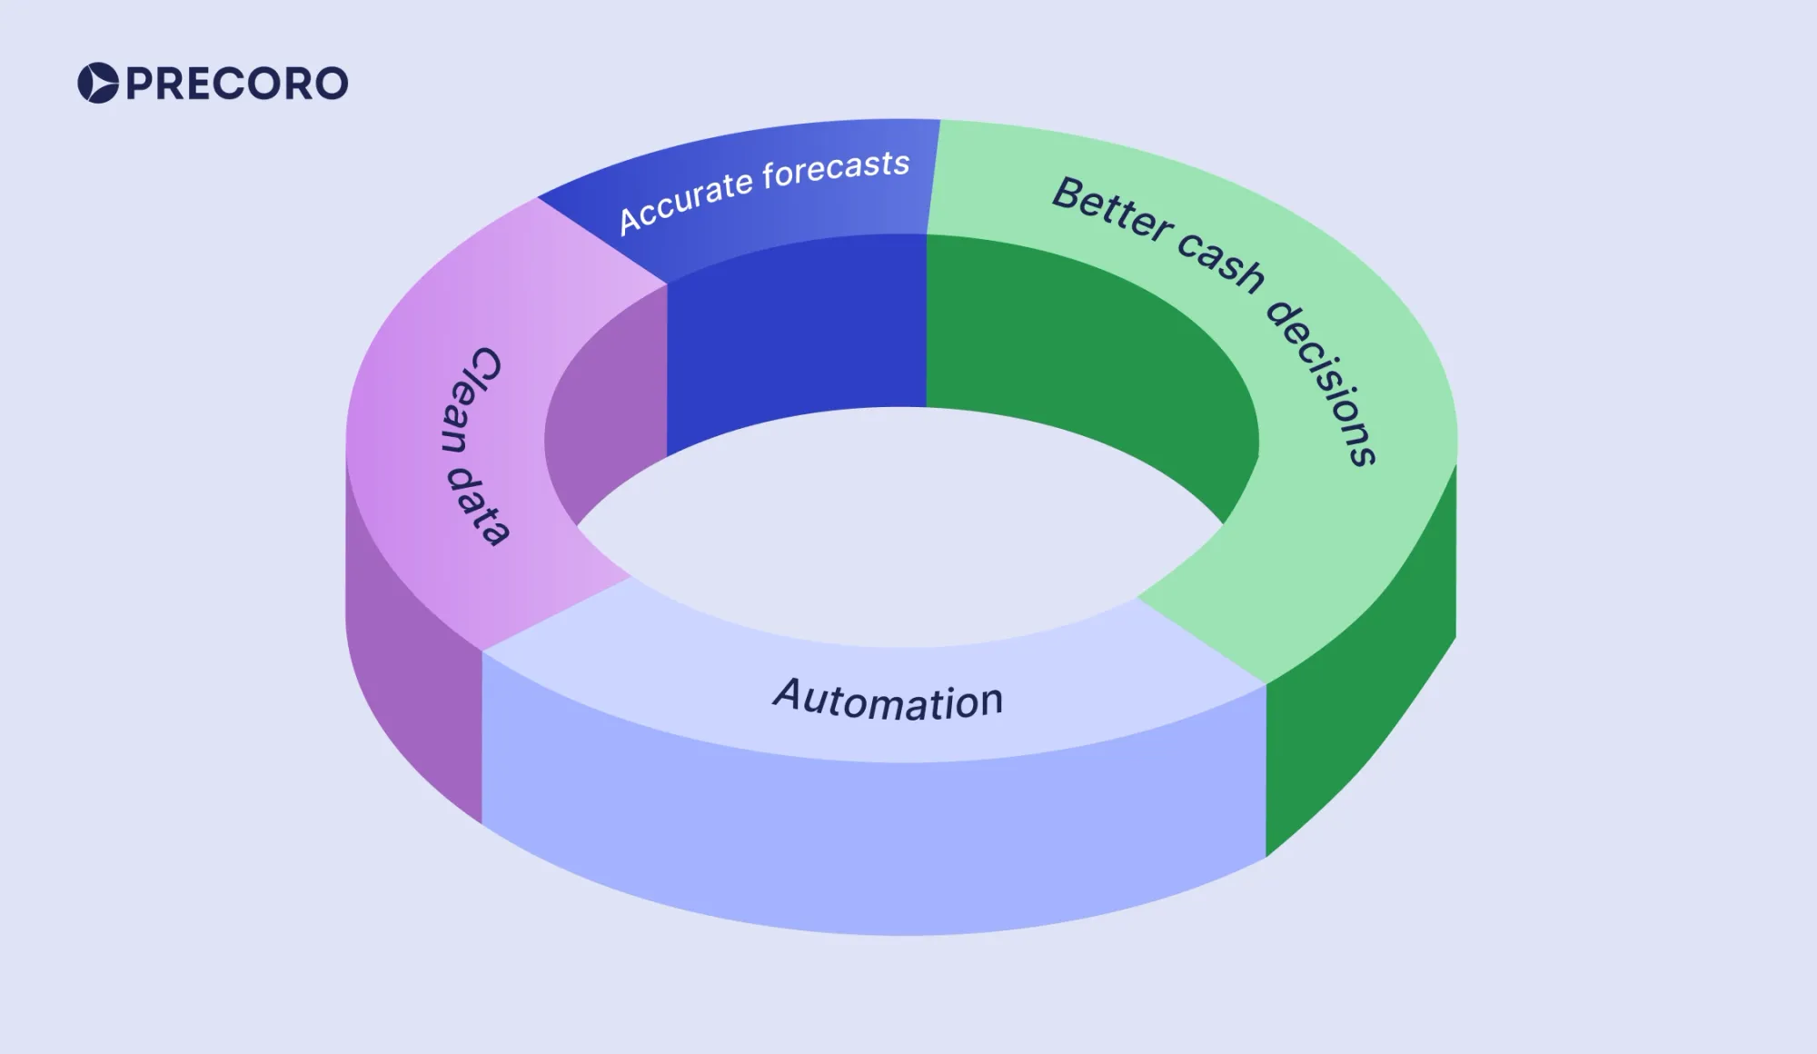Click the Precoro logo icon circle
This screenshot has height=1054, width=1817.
click(x=98, y=83)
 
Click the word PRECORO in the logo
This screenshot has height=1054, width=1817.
click(x=236, y=84)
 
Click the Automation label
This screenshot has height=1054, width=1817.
click(x=889, y=700)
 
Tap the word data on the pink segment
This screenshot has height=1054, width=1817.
click(x=480, y=506)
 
